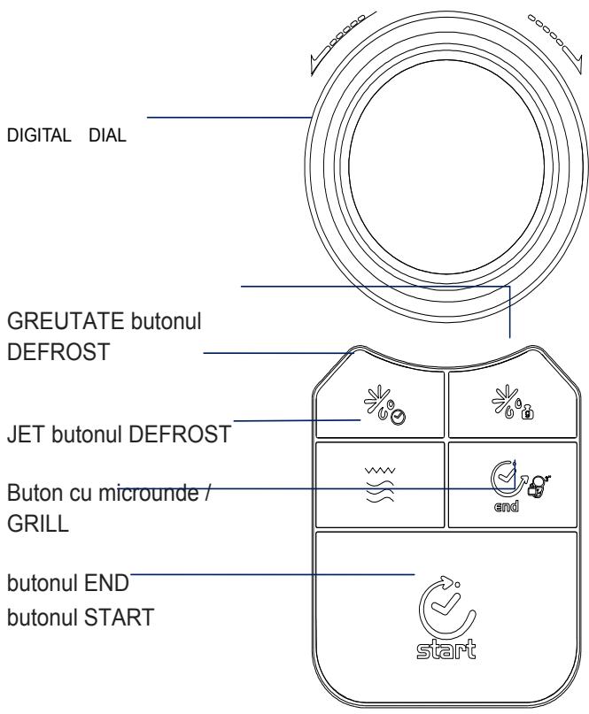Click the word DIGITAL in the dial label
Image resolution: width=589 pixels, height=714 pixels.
(x=39, y=135)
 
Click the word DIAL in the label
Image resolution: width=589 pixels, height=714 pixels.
(x=107, y=135)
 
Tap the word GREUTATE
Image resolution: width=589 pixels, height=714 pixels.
(x=66, y=321)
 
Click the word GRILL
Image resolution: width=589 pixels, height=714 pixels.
(x=38, y=523)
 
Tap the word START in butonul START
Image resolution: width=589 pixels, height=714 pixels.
(x=120, y=618)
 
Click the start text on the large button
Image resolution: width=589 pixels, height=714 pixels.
(x=446, y=649)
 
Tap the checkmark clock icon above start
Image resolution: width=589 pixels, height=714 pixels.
(x=446, y=607)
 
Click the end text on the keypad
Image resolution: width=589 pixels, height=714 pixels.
(x=507, y=506)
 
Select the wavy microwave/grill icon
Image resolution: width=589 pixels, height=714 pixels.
(x=380, y=485)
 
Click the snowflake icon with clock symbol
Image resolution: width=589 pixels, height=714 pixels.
(x=384, y=405)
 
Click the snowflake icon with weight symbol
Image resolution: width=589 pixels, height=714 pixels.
(x=513, y=402)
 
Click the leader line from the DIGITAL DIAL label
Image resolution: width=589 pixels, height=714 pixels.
(x=229, y=118)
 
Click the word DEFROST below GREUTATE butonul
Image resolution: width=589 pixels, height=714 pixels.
(x=58, y=352)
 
